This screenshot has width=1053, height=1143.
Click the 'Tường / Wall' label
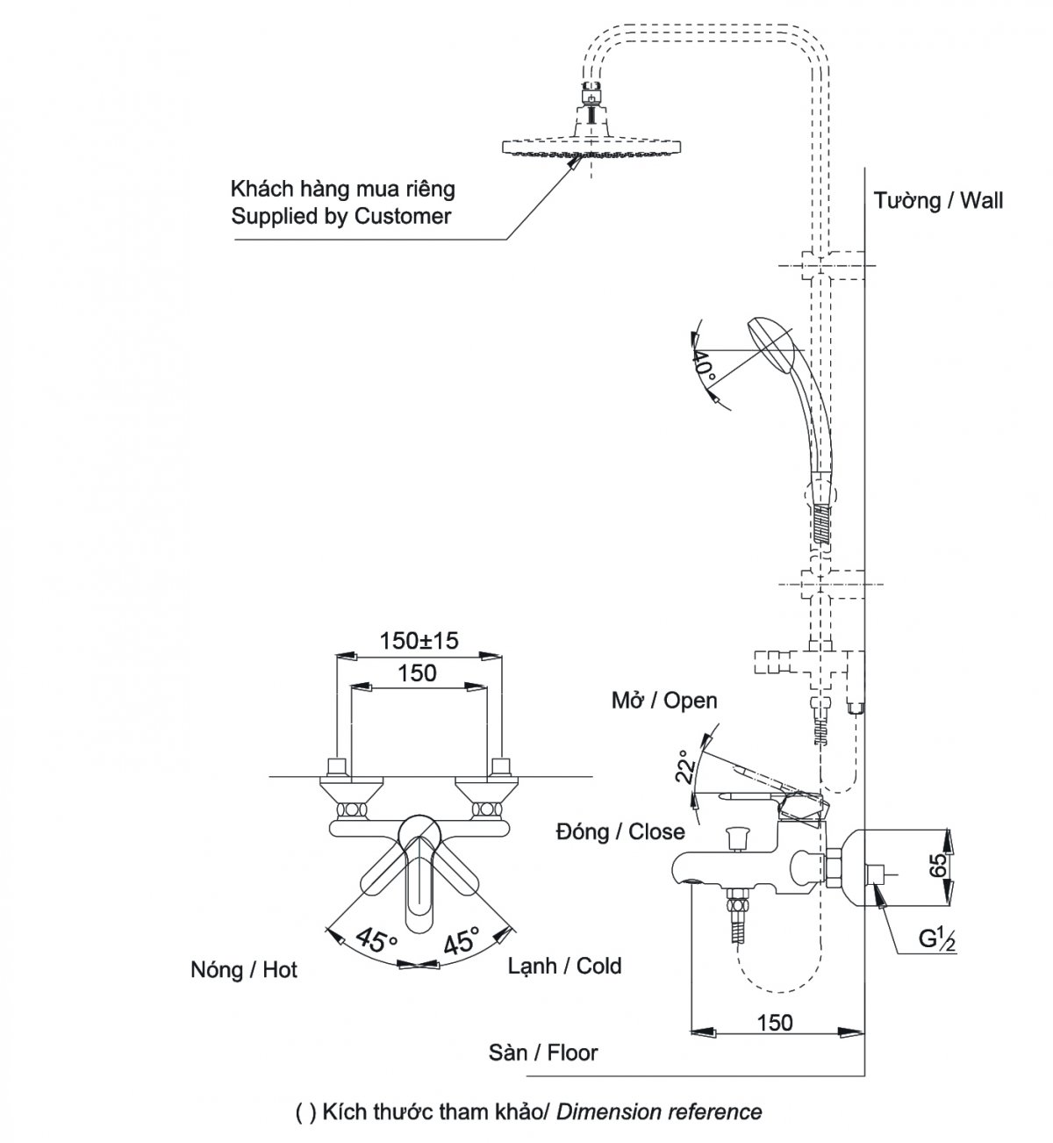click(x=938, y=200)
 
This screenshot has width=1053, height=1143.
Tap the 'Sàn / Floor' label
click(x=543, y=1053)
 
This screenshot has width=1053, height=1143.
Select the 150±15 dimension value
click(x=419, y=641)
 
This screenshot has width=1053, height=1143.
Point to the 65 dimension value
click(x=940, y=865)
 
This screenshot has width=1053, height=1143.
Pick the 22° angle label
click(x=685, y=766)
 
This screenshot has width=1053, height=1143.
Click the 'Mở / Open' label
click(x=663, y=701)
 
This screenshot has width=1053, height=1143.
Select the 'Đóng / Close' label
click(x=620, y=831)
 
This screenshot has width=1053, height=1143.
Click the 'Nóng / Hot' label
click(x=244, y=969)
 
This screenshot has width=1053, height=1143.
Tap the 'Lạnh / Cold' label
click(x=565, y=966)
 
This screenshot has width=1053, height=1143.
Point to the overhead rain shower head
click(x=591, y=146)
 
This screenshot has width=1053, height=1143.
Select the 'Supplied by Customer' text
click(x=340, y=216)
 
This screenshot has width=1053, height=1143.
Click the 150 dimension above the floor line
click(x=775, y=1022)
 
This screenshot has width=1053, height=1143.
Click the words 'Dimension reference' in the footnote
click(x=659, y=1111)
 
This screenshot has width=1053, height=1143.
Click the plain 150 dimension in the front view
click(x=418, y=673)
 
